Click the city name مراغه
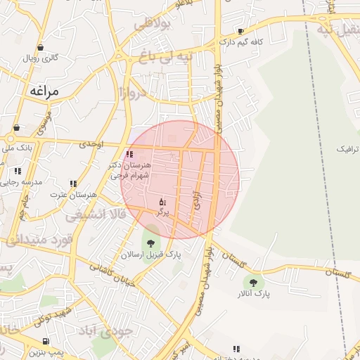pyautogui.click(x=47, y=91)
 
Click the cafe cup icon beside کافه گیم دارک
pyautogui.click(x=241, y=31)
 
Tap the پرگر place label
pyautogui.click(x=162, y=211)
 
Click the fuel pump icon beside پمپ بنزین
pyautogui.click(x=46, y=340)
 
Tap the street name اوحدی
pyautogui.click(x=91, y=144)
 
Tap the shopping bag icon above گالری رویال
pyautogui.click(x=40, y=47)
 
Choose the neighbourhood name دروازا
pyautogui.click(x=132, y=91)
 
